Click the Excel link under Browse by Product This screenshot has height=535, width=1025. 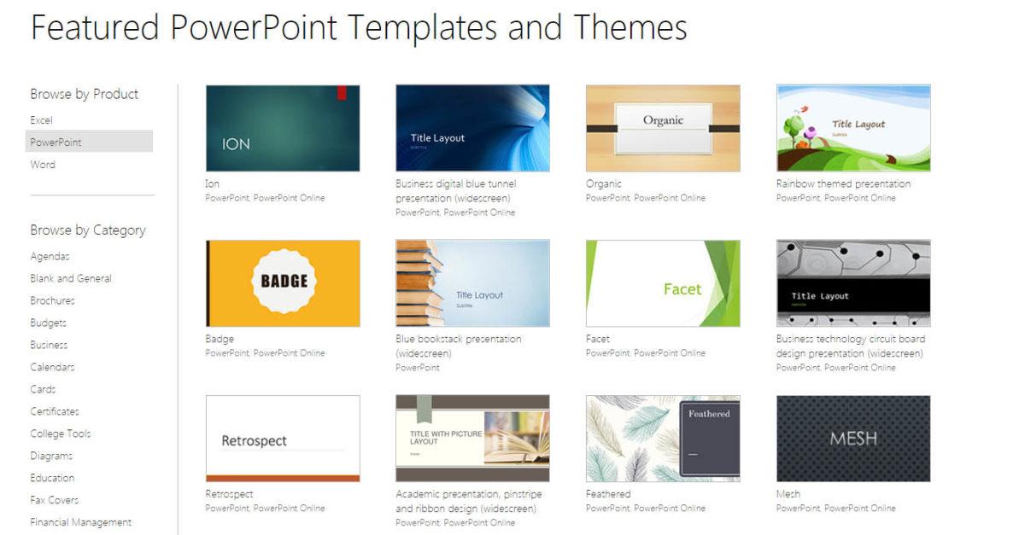(41, 120)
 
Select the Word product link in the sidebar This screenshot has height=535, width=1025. (43, 165)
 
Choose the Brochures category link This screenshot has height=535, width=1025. (52, 300)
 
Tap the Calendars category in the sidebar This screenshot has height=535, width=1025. (52, 367)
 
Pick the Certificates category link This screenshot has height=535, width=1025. (55, 411)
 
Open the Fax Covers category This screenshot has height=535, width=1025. (54, 500)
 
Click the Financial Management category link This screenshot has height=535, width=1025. (80, 522)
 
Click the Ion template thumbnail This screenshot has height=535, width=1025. (283, 128)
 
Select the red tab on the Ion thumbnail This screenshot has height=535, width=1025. (342, 92)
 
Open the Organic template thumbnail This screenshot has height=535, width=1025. (663, 128)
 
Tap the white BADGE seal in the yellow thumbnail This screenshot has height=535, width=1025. (284, 281)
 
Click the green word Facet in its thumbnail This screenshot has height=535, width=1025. (682, 289)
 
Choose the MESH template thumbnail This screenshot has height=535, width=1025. (853, 439)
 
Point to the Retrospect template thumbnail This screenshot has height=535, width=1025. (283, 439)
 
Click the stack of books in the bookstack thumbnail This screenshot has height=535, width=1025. (419, 283)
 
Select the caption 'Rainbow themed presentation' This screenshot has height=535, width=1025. (843, 183)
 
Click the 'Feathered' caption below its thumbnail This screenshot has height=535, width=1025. (608, 494)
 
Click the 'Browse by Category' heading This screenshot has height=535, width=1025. (88, 230)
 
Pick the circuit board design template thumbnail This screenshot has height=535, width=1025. (853, 283)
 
